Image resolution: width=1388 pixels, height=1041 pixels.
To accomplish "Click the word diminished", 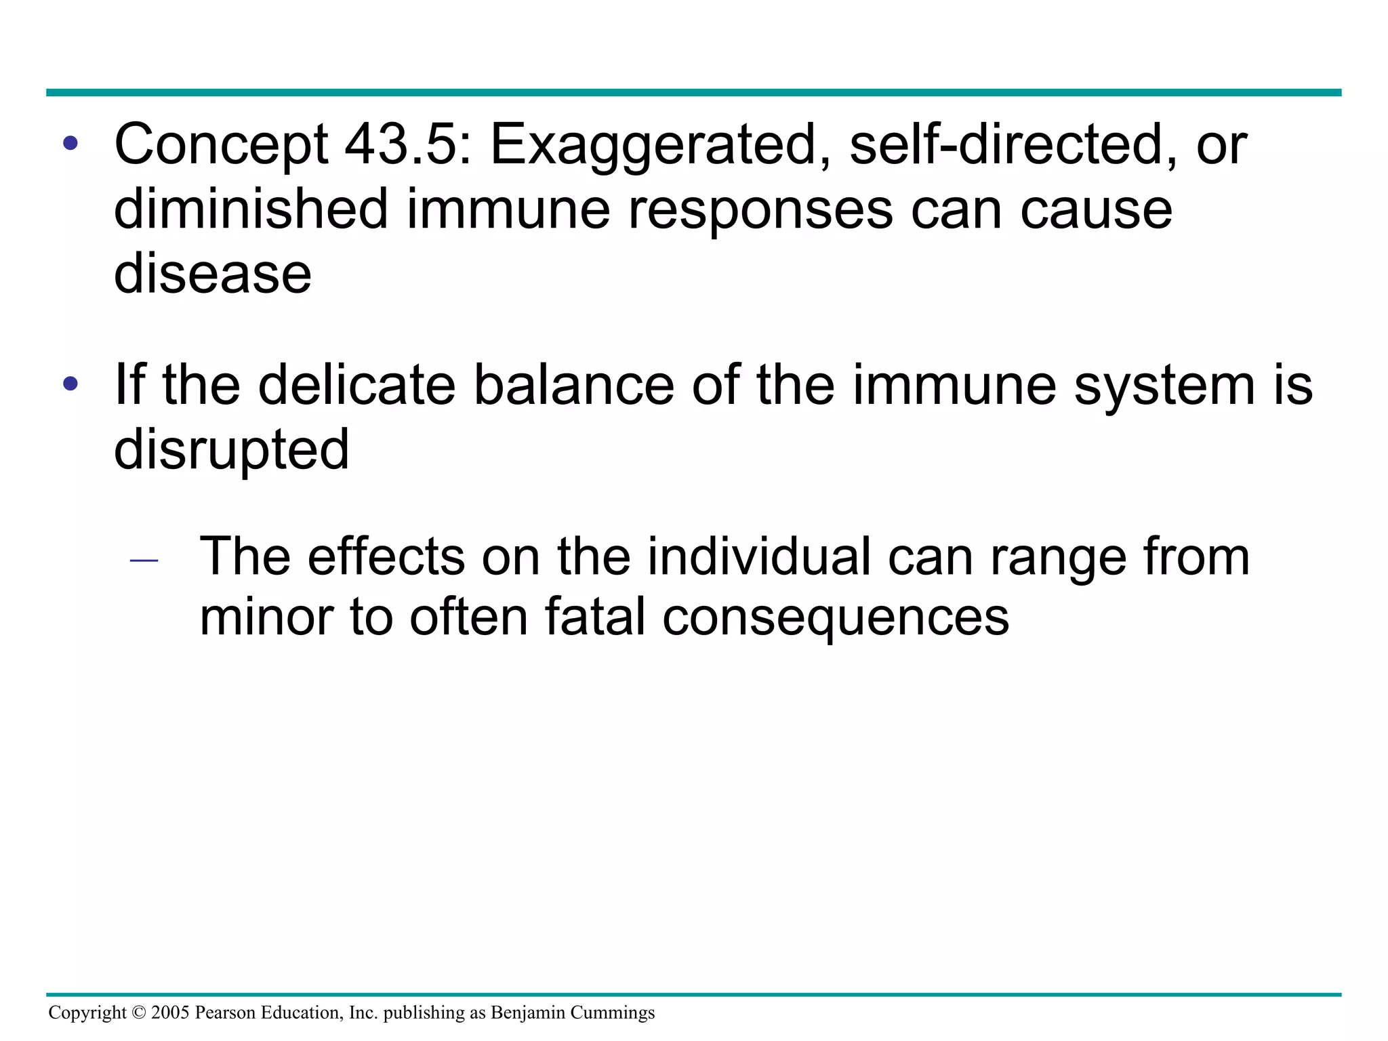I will point(251,209).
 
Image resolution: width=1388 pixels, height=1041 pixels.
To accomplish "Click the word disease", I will point(212,274).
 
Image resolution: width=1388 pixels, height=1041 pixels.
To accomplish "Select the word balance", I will point(573,385).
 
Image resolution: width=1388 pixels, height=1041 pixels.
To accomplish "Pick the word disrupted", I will point(231,450).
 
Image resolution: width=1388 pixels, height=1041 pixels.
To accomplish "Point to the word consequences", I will point(836,618).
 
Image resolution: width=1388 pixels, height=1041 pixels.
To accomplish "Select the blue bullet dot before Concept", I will point(70,144).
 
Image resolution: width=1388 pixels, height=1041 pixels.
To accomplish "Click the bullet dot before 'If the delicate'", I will point(70,384).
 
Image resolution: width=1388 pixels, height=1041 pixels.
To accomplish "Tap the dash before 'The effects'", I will point(144,561).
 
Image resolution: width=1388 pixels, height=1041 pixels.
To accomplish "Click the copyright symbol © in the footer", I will point(139,1013).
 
